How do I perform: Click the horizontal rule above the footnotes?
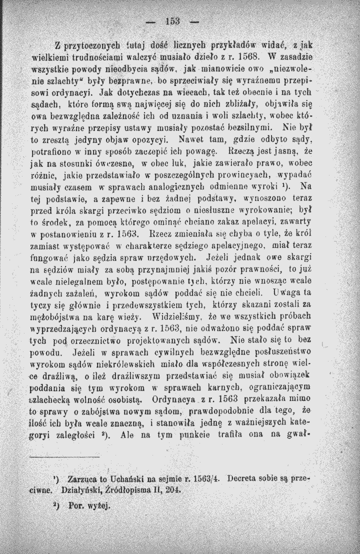(64, 456)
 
